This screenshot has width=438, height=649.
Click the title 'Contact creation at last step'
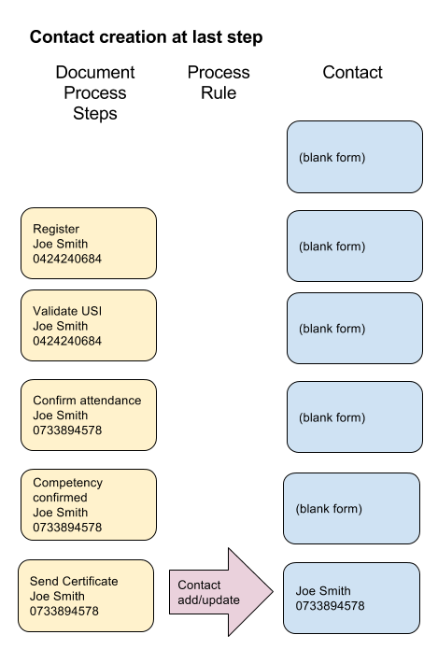click(x=146, y=37)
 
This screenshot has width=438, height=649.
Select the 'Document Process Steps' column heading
click(x=95, y=92)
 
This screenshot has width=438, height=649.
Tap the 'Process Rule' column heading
click(x=219, y=82)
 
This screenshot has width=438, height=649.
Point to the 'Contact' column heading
click(x=352, y=73)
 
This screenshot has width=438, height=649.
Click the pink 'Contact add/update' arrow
click(x=221, y=592)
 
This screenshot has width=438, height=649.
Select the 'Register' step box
click(x=89, y=244)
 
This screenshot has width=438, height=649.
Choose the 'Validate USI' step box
click(x=89, y=325)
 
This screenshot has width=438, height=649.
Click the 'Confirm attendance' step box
click(x=89, y=416)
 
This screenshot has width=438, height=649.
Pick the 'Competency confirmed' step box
click(x=89, y=504)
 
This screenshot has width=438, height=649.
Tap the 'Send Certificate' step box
click(x=86, y=596)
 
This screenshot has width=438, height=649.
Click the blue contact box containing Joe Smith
click(x=351, y=598)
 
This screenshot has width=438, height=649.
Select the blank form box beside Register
click(x=355, y=247)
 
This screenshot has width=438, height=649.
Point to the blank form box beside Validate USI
click(x=355, y=328)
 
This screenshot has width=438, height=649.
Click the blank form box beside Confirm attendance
click(x=355, y=417)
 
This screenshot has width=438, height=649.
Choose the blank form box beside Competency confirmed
click(x=351, y=508)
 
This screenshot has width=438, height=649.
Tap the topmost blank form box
click(x=355, y=157)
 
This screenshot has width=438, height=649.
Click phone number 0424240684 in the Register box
click(x=67, y=259)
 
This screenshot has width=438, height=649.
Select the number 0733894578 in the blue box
click(x=330, y=606)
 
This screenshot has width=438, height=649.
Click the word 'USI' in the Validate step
click(x=92, y=311)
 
